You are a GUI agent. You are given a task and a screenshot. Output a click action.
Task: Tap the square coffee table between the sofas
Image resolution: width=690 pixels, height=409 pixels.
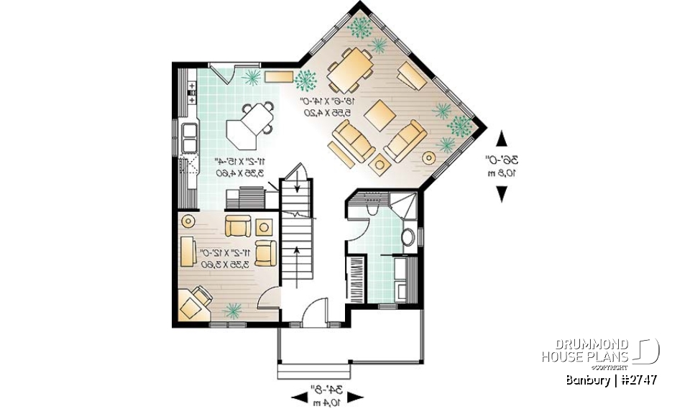379,114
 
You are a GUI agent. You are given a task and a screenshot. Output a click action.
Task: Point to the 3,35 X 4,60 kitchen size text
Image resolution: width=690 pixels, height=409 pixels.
239,173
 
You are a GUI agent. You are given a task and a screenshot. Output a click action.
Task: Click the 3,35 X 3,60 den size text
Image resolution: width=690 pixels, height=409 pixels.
226,265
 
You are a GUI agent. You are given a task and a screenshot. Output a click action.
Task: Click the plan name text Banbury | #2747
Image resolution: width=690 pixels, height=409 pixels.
610,380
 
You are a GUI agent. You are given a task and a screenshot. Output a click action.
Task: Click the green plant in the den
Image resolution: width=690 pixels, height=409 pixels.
232,310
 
